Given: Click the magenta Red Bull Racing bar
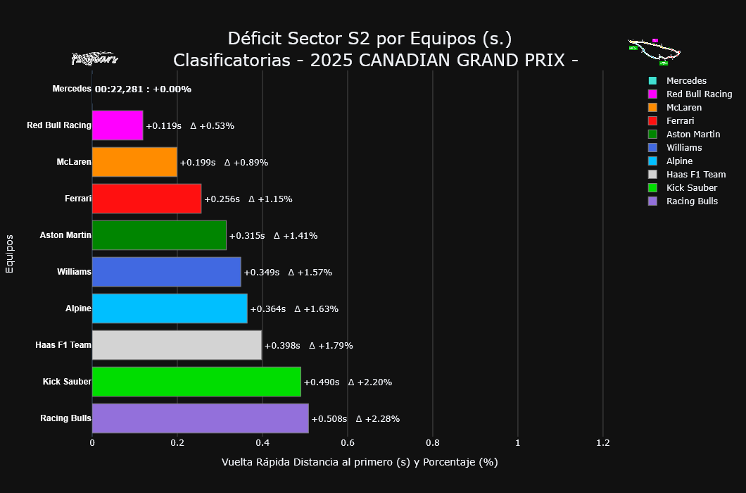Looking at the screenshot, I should tap(118, 125).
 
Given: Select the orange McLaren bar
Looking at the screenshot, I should tap(134, 162).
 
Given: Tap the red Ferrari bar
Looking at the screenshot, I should tap(146, 199).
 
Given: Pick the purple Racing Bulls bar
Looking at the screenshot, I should tap(200, 418).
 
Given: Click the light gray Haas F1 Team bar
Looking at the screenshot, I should tap(177, 345).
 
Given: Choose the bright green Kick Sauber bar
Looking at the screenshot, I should tap(196, 382).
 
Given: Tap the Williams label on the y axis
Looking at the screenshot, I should tap(74, 272).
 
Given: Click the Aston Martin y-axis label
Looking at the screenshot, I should tap(65, 235).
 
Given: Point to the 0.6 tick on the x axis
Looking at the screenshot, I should tap(347, 443).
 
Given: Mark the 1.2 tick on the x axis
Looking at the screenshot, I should tap(602, 443).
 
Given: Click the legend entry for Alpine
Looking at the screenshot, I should tap(679, 161).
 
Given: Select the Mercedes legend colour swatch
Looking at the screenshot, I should tap(652, 81).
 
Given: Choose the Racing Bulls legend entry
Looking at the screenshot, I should tap(692, 201).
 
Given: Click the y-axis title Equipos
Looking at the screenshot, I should tap(10, 254).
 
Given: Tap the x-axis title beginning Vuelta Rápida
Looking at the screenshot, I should tap(360, 463).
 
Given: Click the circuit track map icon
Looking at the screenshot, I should tap(655, 51).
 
